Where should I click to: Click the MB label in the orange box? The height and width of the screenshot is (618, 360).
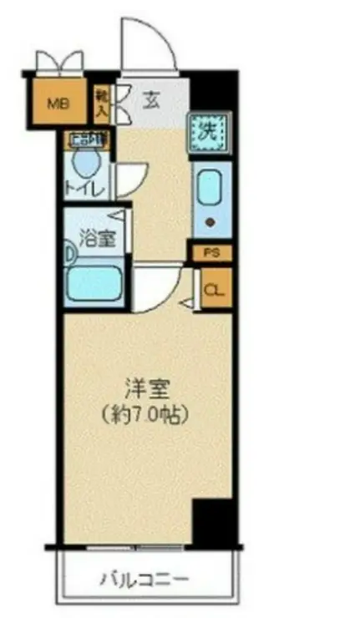click(x=58, y=104)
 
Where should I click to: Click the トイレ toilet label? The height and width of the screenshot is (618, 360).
click(x=86, y=190)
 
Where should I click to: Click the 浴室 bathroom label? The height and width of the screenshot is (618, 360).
click(x=97, y=239)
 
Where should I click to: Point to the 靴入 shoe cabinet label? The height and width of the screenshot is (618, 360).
click(x=102, y=100)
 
